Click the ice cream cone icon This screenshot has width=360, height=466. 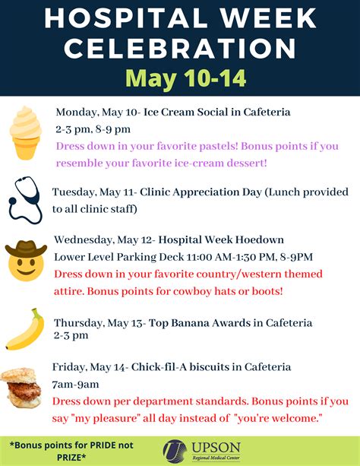tap(25, 133)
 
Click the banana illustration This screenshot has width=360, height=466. tap(25, 330)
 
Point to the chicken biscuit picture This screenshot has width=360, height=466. tap(21, 388)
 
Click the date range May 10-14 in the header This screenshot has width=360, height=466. tap(186, 78)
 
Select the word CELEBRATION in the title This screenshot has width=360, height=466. tap(180, 48)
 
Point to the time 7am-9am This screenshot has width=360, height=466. tap(75, 384)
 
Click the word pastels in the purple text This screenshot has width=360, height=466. tap(218, 146)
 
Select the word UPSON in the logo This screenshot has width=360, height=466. tap(216, 447)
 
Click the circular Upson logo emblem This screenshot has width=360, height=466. tap(175, 451)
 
